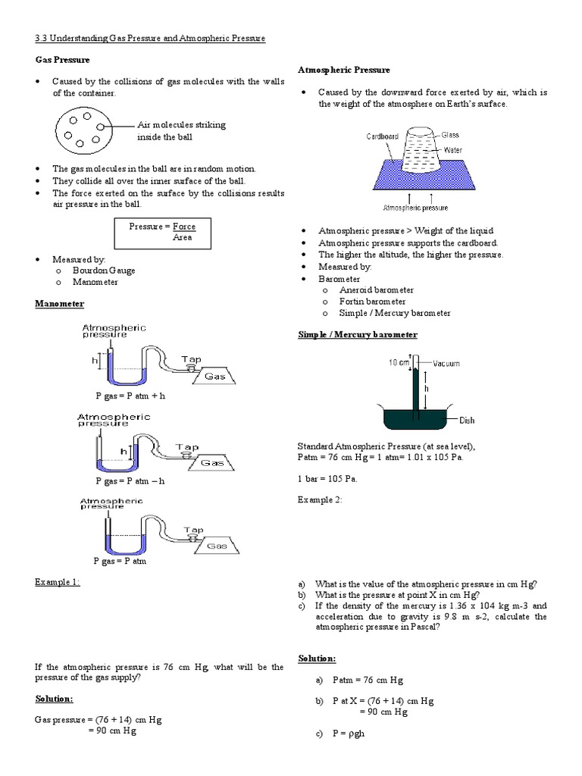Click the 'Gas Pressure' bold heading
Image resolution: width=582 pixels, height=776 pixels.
point(62,59)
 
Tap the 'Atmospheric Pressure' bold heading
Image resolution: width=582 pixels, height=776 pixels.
point(344,70)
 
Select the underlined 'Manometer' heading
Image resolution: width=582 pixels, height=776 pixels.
point(60,304)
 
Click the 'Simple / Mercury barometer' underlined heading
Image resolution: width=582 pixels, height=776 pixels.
point(357,334)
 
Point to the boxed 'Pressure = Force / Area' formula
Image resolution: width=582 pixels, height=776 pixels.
point(161,232)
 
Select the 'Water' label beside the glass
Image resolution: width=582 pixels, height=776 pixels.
point(452,150)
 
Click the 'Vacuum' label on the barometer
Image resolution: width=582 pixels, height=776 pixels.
point(446,364)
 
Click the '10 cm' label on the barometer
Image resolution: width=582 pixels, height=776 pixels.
point(399,362)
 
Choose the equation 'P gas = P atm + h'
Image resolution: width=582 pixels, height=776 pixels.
point(130,396)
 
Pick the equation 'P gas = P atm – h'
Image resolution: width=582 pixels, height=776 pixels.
point(130,480)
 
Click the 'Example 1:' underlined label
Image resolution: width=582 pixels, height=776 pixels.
point(58,581)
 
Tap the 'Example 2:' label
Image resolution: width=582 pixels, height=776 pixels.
point(320,499)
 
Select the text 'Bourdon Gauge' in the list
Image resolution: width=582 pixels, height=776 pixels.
point(104,271)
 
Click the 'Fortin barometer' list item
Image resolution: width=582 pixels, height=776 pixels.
point(372,302)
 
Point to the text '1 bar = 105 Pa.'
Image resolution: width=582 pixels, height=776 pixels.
point(327,479)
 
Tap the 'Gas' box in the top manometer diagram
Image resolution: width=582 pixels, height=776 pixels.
point(214,375)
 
